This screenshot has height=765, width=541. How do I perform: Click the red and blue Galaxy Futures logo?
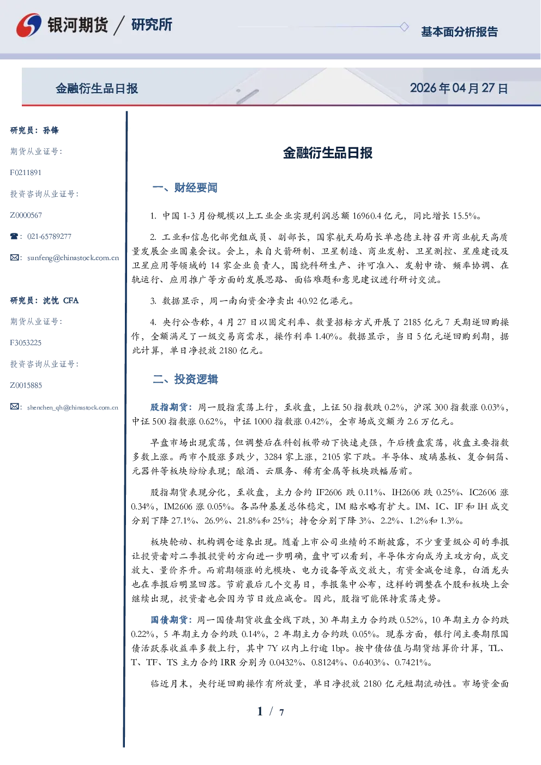(29, 25)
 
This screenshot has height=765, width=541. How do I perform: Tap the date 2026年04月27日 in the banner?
(459, 88)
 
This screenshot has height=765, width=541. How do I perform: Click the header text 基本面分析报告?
(459, 32)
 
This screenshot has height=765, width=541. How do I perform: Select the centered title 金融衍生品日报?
(328, 153)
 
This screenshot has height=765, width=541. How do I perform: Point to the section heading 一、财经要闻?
(185, 188)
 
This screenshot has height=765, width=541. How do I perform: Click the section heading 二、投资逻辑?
(185, 379)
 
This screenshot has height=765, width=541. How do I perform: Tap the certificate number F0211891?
(26, 172)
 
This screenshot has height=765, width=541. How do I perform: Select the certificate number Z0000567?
(26, 215)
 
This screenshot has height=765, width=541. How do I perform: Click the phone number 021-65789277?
(49, 236)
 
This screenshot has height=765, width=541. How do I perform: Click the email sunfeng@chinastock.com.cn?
(73, 258)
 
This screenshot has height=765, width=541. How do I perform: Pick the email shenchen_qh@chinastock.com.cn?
(73, 407)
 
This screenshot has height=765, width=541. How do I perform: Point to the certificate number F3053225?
(26, 343)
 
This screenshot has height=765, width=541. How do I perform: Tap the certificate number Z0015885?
(26, 385)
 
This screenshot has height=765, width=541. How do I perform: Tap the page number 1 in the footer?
(260, 712)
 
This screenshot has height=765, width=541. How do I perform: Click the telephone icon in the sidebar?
(14, 236)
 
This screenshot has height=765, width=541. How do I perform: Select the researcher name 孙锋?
(51, 130)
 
